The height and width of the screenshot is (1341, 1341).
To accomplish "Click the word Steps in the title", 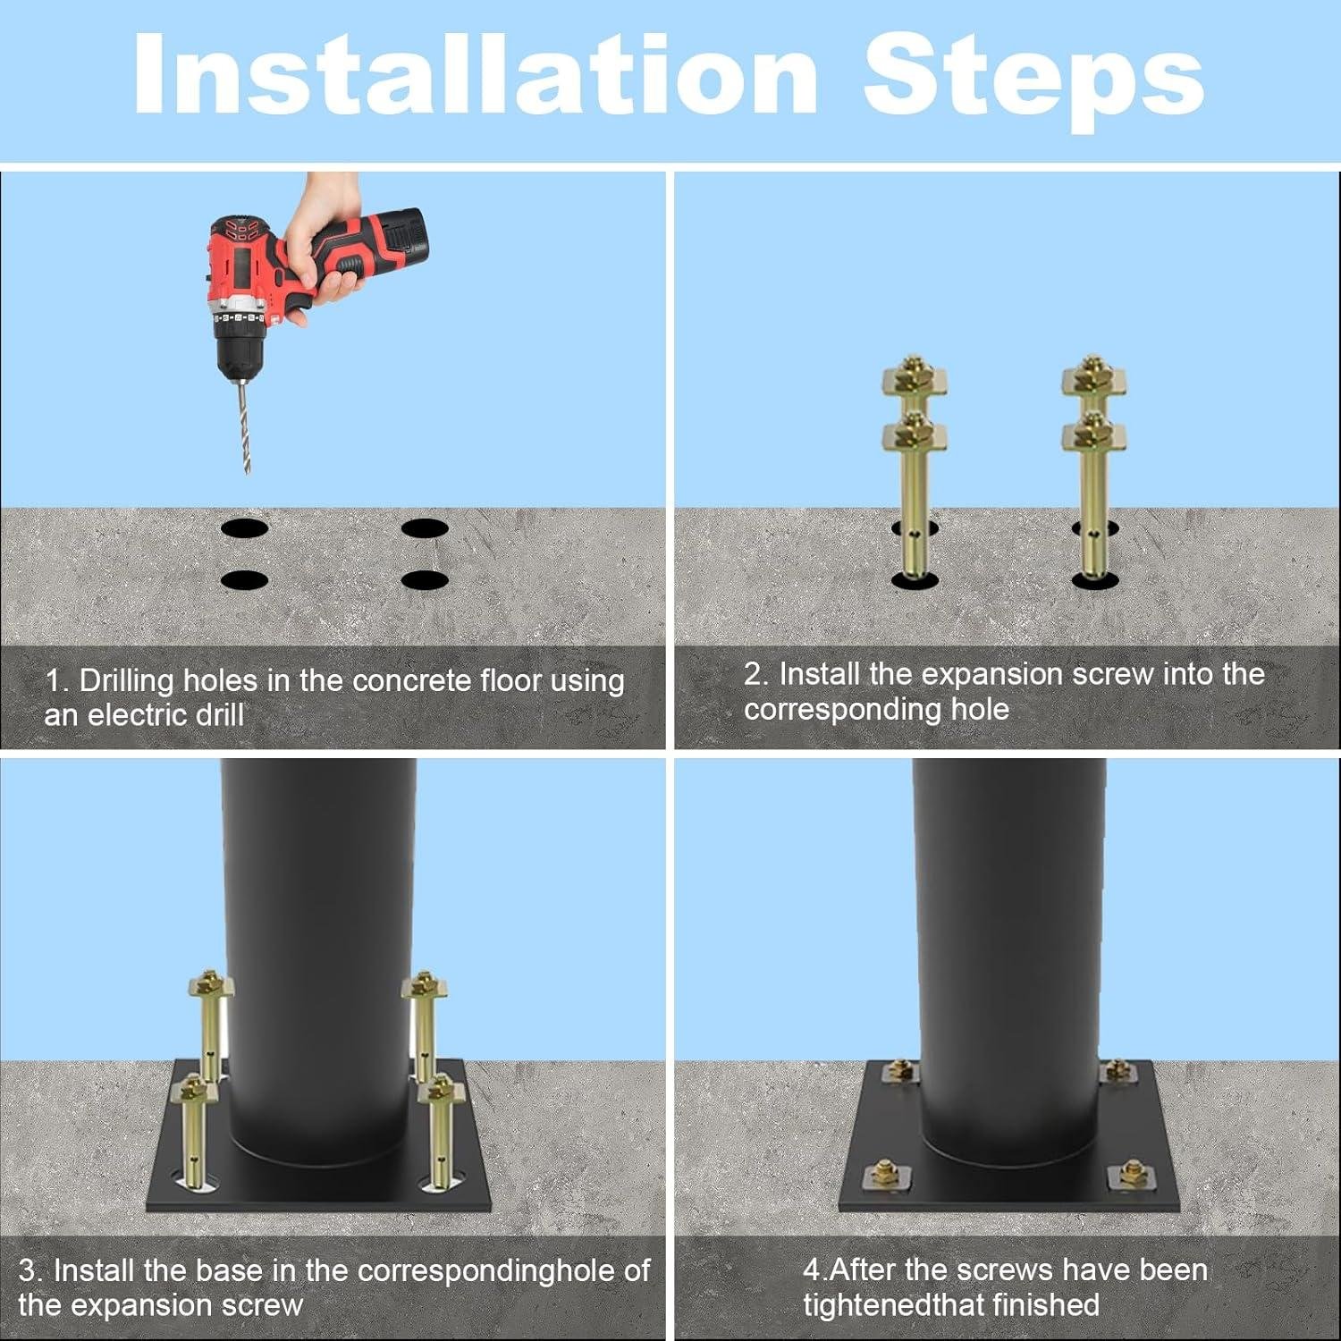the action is [x=1033, y=80].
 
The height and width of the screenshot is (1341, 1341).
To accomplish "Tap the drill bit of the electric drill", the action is [x=243, y=425].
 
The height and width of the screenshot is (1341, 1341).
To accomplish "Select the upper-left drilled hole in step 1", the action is [x=245, y=528].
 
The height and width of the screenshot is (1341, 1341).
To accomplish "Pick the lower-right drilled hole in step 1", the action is [x=425, y=580].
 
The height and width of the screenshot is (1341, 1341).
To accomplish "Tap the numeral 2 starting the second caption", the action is [x=753, y=674].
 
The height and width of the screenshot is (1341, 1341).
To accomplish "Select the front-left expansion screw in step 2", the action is [x=914, y=496].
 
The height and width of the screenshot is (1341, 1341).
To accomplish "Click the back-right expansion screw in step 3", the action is [x=423, y=1019].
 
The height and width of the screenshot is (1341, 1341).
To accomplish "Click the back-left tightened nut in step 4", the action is [x=899, y=1069].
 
